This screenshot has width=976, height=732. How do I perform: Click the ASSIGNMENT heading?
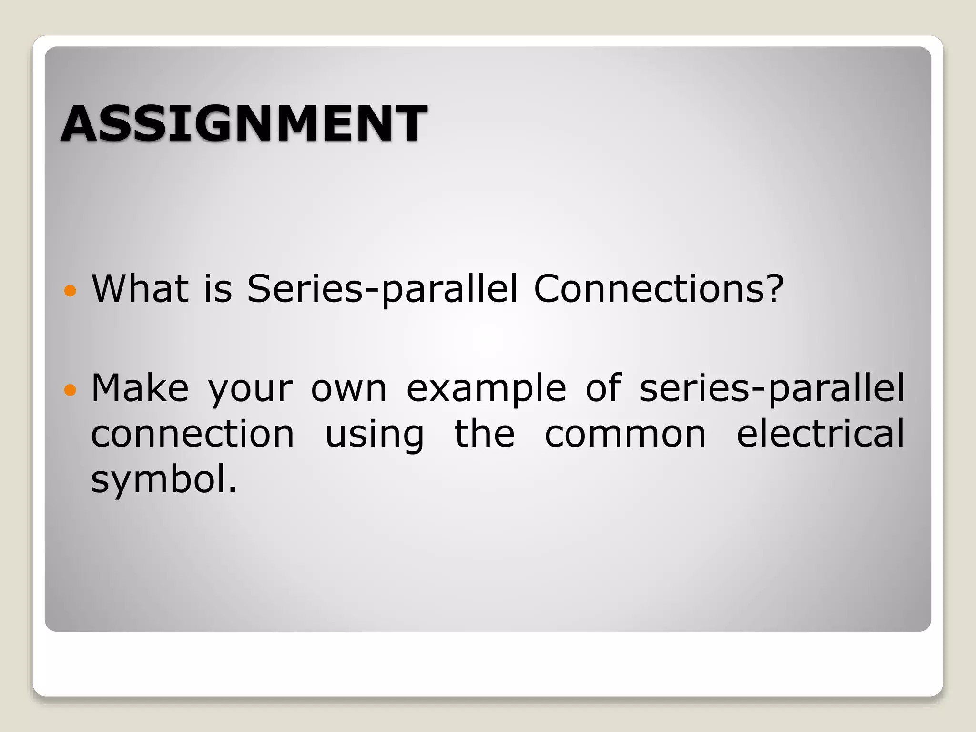[244, 124]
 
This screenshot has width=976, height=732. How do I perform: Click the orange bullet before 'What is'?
[70, 291]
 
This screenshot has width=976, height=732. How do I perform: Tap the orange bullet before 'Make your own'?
[70, 390]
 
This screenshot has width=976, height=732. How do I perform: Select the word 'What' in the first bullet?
[140, 289]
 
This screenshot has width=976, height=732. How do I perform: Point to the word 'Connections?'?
[658, 289]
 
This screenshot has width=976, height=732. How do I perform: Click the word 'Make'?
[140, 388]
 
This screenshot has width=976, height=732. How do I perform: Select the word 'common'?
[625, 435]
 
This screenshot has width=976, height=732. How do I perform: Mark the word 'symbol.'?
[163, 480]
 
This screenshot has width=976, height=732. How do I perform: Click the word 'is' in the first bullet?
[218, 289]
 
